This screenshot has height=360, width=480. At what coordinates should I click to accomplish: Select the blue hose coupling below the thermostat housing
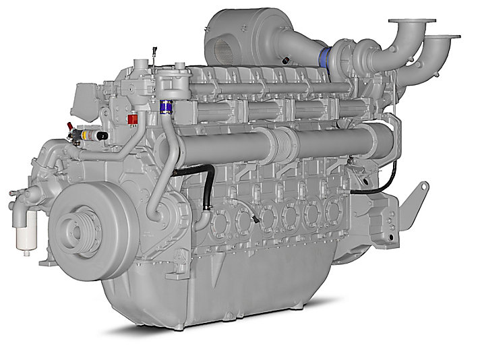click(x=162, y=106)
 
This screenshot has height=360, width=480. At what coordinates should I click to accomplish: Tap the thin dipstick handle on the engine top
click(x=154, y=51)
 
